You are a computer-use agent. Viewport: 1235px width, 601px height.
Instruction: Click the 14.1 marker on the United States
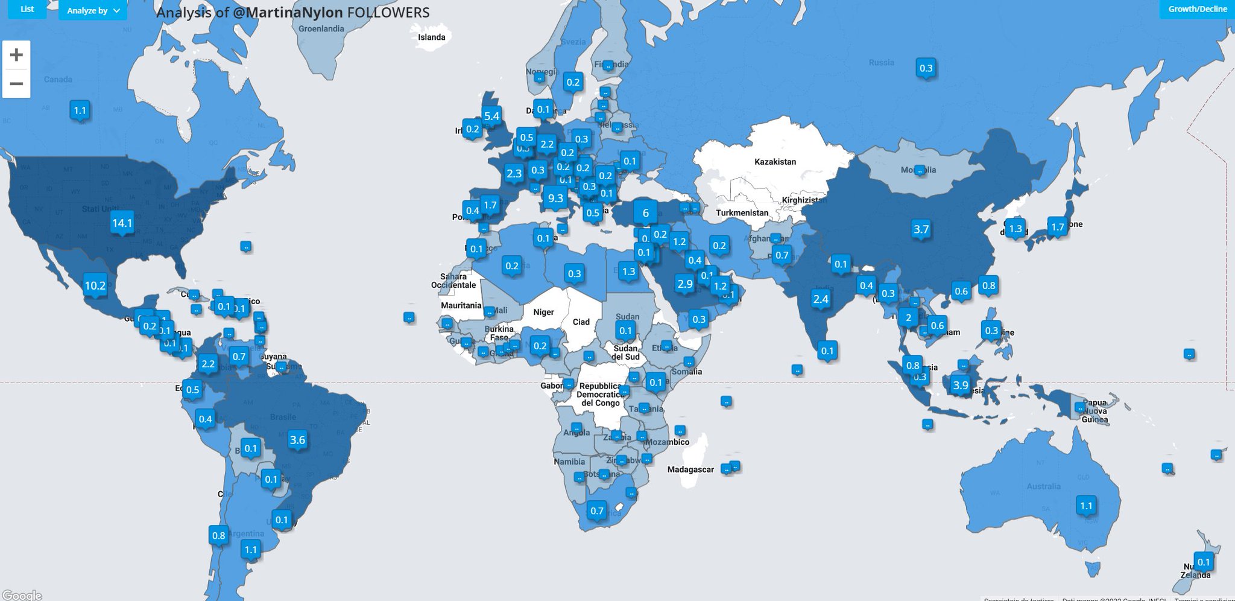pos(122,223)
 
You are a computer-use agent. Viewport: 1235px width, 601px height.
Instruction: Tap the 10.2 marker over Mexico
pos(95,285)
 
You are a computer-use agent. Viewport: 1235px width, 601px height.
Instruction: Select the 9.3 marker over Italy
pos(555,198)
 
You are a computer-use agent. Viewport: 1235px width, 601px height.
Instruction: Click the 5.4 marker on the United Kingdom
pos(491,116)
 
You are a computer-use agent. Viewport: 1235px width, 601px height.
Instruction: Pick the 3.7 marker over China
pos(921,229)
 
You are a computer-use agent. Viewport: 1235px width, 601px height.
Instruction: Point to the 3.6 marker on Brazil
pos(297,440)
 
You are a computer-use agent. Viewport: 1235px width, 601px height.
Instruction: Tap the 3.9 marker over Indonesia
pos(960,385)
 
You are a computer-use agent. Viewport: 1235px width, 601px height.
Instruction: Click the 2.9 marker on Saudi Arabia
pos(685,284)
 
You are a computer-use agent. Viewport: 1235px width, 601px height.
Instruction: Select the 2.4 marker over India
pos(821,299)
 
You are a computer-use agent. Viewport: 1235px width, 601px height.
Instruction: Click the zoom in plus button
pos(16,55)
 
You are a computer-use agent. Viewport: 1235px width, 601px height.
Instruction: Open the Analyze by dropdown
pos(93,10)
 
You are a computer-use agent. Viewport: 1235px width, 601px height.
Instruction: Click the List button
pos(27,9)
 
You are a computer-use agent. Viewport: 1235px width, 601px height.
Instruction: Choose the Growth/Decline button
pos(1197,9)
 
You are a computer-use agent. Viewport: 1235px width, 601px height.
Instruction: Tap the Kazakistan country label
pos(775,162)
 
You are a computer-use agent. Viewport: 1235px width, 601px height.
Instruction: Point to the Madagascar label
pos(690,469)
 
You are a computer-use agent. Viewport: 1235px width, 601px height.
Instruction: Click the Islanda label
pos(432,37)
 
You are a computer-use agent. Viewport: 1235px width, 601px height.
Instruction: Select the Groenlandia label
pos(321,29)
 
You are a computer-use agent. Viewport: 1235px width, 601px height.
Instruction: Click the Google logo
pos(22,596)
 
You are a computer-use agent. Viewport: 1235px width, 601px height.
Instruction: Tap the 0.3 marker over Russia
pos(926,68)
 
